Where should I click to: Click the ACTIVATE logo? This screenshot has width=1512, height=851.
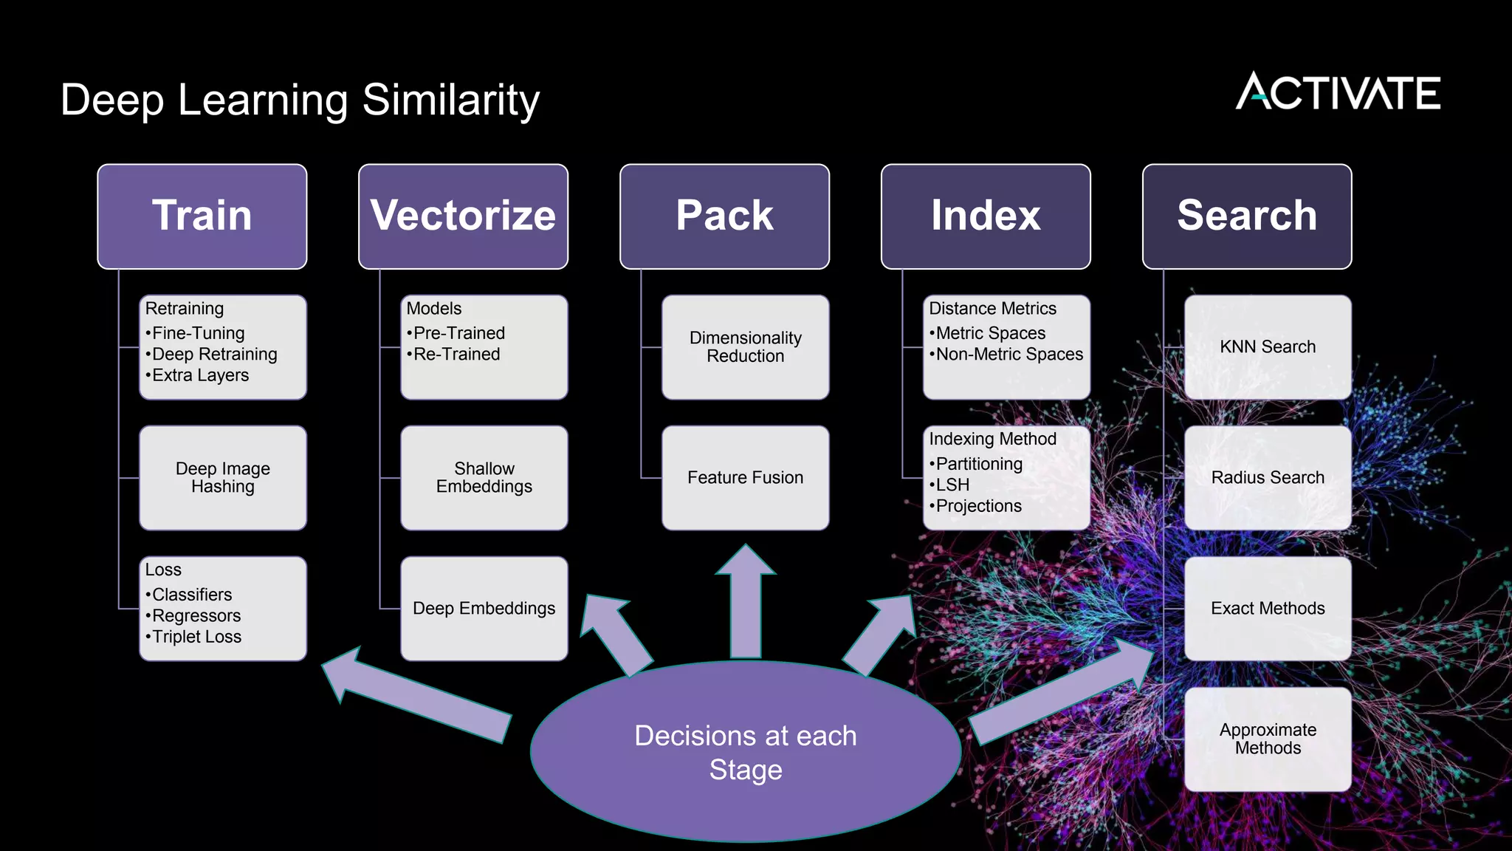(1338, 92)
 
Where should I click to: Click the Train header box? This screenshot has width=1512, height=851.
(202, 216)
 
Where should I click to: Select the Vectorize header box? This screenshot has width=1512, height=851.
(463, 216)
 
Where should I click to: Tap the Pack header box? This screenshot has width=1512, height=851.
(724, 216)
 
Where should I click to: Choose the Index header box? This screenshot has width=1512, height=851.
(986, 216)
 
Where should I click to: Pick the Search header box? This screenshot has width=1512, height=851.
(1247, 216)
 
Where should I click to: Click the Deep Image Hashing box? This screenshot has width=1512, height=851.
(223, 478)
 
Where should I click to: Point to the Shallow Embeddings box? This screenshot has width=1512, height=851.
(484, 478)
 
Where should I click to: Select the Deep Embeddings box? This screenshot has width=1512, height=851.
(484, 609)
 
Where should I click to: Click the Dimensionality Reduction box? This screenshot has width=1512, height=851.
(746, 347)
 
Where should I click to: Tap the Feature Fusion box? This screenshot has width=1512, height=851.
(746, 478)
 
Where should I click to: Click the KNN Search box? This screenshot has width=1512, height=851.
(1268, 347)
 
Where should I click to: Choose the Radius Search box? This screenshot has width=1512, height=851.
(1268, 478)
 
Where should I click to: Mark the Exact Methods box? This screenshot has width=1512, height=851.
(1268, 609)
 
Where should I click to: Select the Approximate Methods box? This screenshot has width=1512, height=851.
(1268, 739)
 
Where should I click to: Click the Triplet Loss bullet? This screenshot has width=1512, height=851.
(196, 637)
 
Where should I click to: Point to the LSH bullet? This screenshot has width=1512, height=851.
(952, 485)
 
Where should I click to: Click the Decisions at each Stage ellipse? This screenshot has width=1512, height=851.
(746, 752)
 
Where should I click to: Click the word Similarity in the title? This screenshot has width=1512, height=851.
(451, 100)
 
